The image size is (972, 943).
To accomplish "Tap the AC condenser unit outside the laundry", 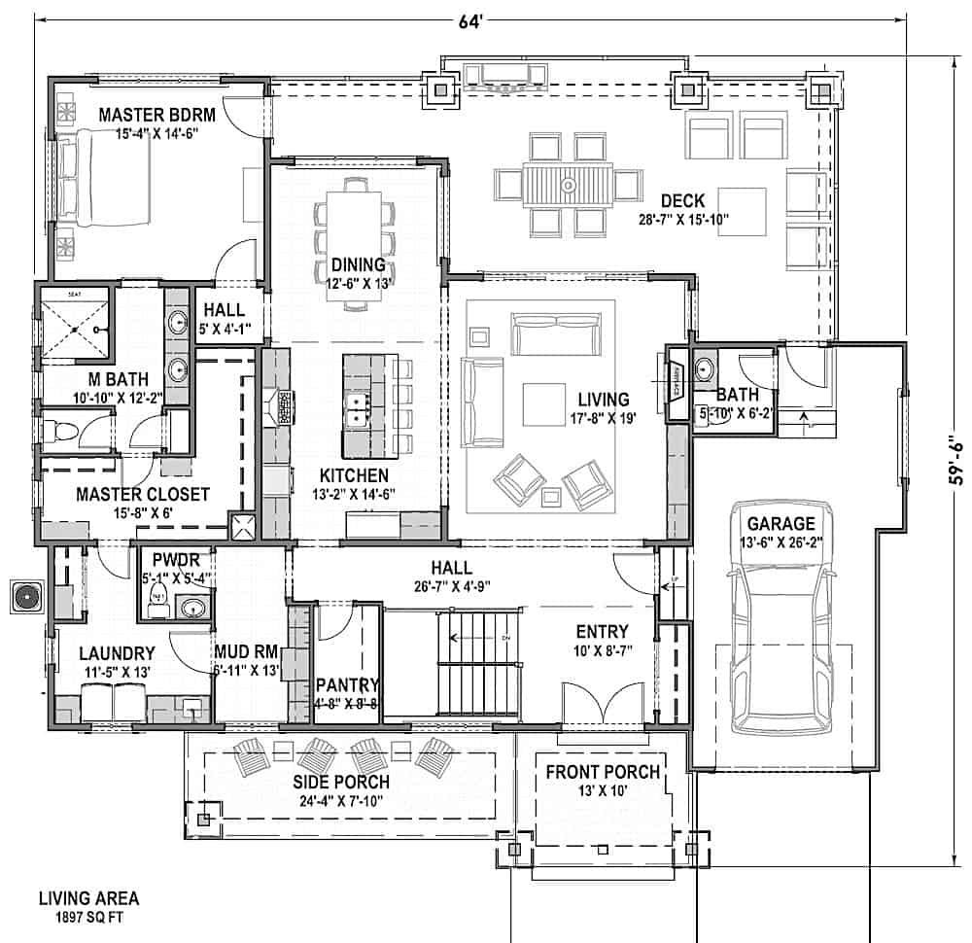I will click(23, 594).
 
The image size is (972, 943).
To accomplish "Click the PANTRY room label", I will click(347, 684).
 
